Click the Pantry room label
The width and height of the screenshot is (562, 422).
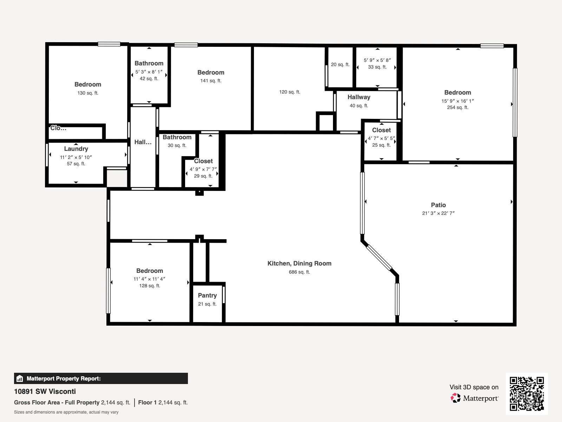coord(207,295)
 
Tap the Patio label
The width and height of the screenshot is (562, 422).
coord(438,205)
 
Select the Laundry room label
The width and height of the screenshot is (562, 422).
coord(76,149)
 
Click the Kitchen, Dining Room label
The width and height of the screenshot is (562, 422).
coord(299,263)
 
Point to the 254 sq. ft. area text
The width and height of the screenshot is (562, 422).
coord(457,108)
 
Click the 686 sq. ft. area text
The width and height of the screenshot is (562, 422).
coord(299,272)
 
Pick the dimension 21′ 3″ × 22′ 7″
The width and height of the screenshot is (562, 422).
coord(438,213)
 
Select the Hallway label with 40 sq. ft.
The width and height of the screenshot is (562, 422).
coord(359,97)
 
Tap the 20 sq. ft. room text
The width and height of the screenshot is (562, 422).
coord(340,65)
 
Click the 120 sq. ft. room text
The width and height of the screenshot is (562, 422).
coord(289,92)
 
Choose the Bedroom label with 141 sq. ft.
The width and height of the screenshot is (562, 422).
coord(211,72)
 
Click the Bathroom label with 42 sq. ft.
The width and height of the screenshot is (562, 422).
coord(149,63)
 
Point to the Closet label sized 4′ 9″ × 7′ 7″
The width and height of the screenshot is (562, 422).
coord(203,161)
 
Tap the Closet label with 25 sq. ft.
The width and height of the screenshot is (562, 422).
coord(381,130)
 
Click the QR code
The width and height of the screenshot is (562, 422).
coord(527,394)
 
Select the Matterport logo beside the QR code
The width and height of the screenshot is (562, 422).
coord(474,398)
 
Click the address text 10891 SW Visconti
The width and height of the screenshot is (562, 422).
coord(45,391)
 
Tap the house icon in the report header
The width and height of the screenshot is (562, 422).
coord(20,379)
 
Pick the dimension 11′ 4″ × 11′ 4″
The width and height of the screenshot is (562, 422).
coord(149,279)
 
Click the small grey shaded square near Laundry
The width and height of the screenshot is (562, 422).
coord(117,179)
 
